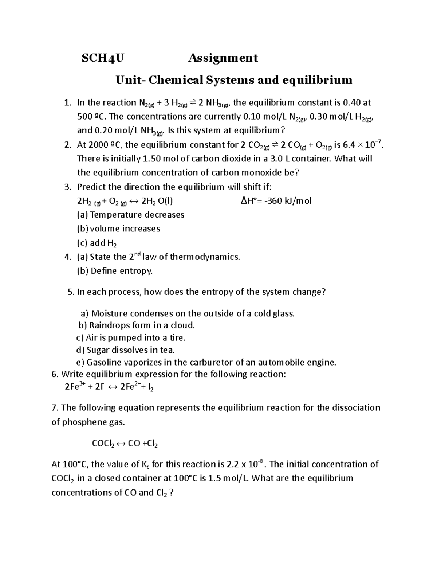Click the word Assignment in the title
click(x=223, y=58)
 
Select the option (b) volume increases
click(x=118, y=229)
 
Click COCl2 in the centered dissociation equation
click(x=103, y=444)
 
